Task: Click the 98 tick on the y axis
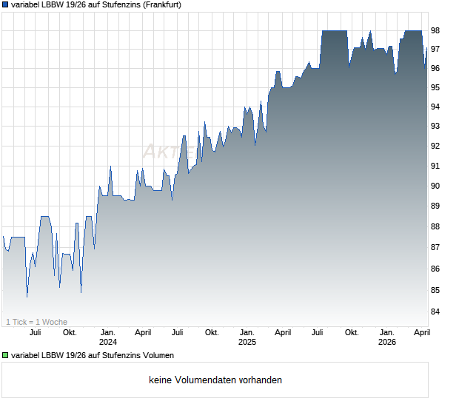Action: pos(436,30)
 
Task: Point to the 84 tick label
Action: pos(436,311)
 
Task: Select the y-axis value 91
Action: pos(436,166)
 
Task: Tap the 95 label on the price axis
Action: pos(436,87)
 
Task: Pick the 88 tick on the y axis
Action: pos(436,227)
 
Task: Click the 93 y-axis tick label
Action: pos(436,127)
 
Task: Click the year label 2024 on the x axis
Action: pos(108,343)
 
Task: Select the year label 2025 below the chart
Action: pos(247,343)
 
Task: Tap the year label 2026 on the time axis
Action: pos(386,343)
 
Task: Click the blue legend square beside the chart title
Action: pos(5,5)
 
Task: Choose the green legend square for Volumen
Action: pos(5,356)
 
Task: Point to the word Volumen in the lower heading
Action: pos(158,356)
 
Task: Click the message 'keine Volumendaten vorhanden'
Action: pos(215,380)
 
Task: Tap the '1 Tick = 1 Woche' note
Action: pos(36,322)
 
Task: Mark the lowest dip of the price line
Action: pos(27,297)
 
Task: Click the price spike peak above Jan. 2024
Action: pos(110,166)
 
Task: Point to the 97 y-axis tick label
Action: pos(436,49)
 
